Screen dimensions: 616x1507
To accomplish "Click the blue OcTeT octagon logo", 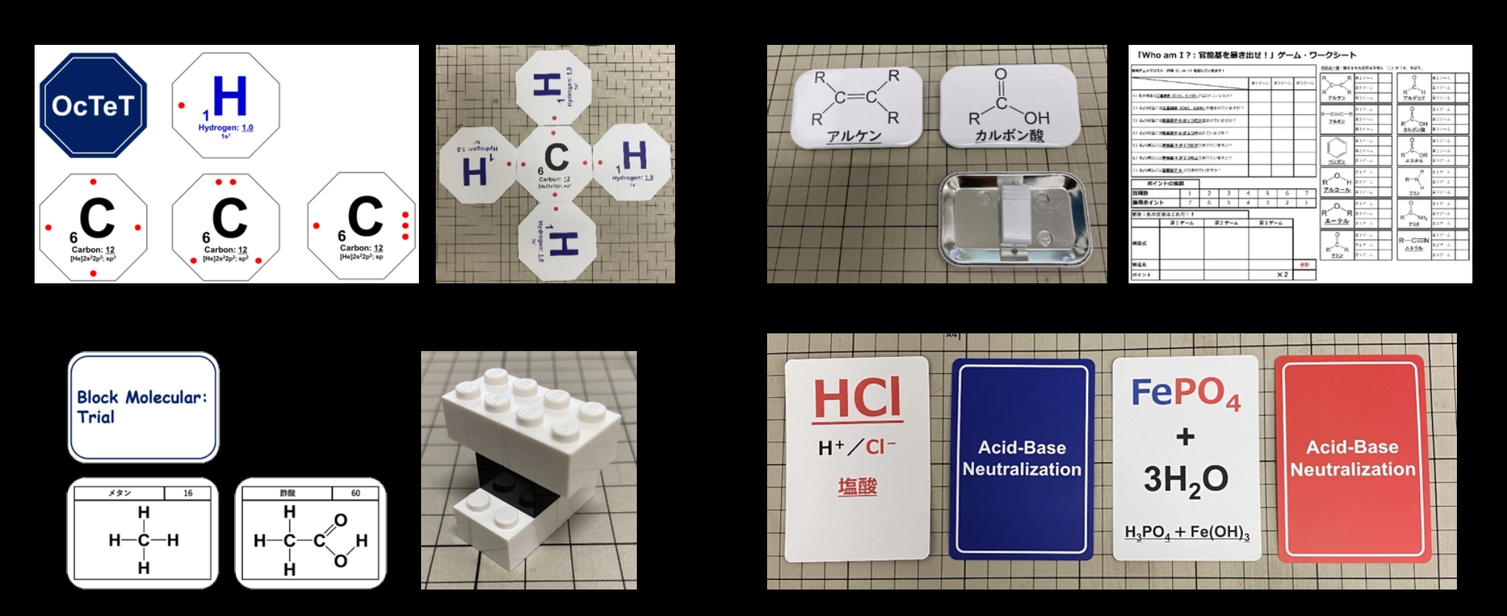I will click(x=93, y=105).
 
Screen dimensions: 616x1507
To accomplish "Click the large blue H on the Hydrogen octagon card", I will click(x=229, y=96).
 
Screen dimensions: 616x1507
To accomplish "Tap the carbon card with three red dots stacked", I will click(x=362, y=225).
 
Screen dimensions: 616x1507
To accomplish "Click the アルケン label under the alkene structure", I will click(x=854, y=136).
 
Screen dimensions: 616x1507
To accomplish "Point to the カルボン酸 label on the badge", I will click(x=1009, y=135).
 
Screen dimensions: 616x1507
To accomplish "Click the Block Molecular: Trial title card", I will click(x=144, y=407).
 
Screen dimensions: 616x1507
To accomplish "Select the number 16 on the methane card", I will click(x=188, y=493).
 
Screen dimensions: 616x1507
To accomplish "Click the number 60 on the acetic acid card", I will click(x=356, y=493).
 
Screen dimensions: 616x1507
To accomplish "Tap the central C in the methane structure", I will click(x=144, y=540).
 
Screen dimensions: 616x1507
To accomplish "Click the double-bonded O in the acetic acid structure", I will click(x=340, y=520).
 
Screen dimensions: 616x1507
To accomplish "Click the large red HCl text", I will click(x=857, y=399).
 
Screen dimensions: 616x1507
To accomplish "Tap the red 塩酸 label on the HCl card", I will click(x=857, y=486).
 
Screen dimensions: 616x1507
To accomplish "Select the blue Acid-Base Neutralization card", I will click(x=1022, y=459).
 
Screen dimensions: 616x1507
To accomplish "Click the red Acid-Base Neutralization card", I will click(x=1352, y=459).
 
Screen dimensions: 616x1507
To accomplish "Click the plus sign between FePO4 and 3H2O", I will click(x=1185, y=436).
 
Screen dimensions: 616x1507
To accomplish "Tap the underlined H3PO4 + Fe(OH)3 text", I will click(x=1187, y=532).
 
